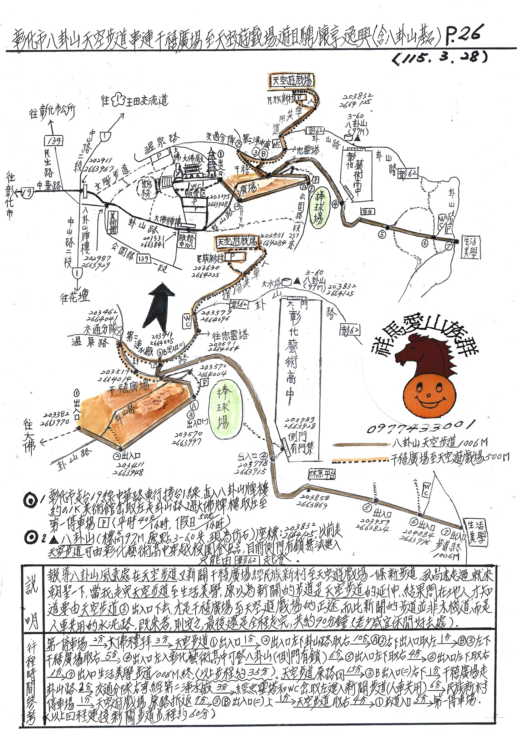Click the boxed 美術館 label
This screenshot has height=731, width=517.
click(x=112, y=222)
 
